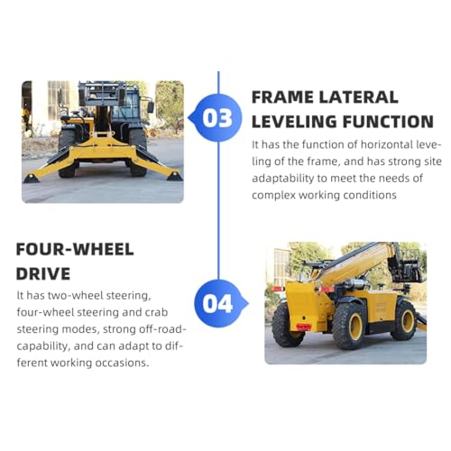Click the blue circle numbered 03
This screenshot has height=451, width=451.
point(217,117)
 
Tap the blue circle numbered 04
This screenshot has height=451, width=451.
point(217,303)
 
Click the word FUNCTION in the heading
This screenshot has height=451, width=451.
point(388,120)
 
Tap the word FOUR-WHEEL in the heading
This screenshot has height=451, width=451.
point(75,249)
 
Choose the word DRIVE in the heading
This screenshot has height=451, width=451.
point(45,272)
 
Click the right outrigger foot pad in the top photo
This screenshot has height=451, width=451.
point(174,177)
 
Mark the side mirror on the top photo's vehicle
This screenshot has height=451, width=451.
point(151,106)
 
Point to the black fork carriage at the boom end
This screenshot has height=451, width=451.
point(412,268)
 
